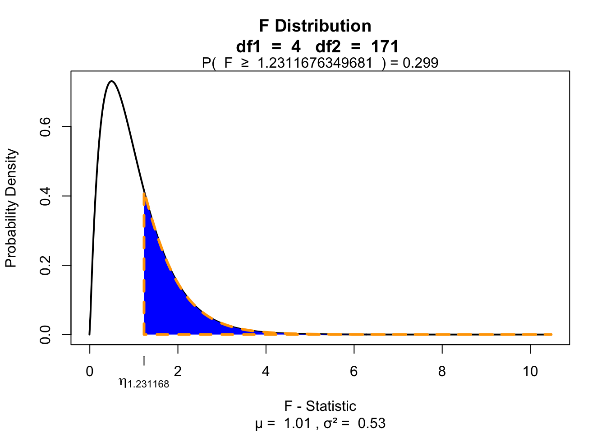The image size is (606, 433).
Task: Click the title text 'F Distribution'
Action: coord(315,26)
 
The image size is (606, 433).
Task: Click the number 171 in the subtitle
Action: coord(385,46)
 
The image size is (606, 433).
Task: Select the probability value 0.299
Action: coord(420,63)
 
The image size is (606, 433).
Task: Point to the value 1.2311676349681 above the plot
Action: coord(315,63)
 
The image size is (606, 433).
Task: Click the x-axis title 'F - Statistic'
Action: coord(320,406)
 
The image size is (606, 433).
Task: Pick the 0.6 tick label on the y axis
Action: coord(45,127)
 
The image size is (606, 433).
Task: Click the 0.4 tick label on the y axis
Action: coord(45,196)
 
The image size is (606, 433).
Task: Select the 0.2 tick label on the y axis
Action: coord(45,265)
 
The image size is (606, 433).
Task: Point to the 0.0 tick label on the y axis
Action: coord(45,334)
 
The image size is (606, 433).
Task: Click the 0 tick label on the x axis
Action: coord(90,371)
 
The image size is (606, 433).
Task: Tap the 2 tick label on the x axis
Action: coord(178,371)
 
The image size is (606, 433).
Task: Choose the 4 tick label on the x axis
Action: coord(266,371)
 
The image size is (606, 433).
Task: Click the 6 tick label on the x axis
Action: coord(354,371)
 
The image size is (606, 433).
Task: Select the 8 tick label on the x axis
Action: coord(442,371)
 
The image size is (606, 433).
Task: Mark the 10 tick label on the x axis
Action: coord(530,371)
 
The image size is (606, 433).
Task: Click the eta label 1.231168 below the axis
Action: coord(144,383)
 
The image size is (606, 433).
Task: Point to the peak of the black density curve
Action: coord(111,82)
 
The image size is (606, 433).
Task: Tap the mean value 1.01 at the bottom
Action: coord(297,424)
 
